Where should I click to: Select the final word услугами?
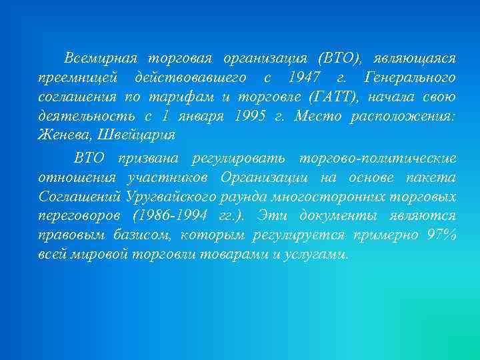coord(317,255)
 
